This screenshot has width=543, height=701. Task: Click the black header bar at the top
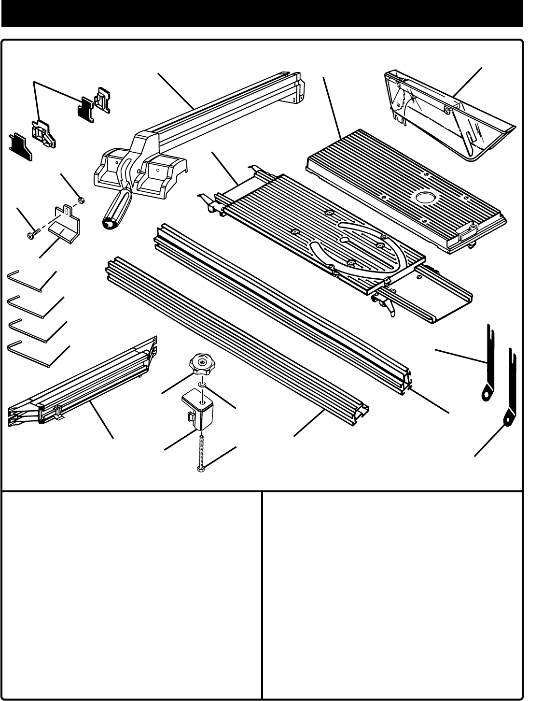262,13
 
